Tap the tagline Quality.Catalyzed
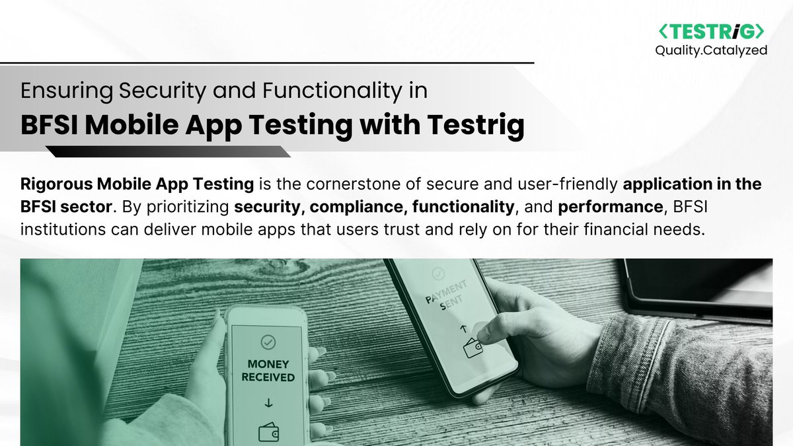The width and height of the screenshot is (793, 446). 710,50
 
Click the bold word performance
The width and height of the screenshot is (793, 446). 610,207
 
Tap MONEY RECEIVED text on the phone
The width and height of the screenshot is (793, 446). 268,371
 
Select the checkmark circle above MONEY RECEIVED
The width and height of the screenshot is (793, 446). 268,342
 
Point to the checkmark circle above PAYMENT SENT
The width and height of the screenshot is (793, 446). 436,272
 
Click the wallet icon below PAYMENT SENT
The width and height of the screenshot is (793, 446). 473,349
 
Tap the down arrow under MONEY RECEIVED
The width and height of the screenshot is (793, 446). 268,404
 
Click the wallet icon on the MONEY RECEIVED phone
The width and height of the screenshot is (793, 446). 268,432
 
